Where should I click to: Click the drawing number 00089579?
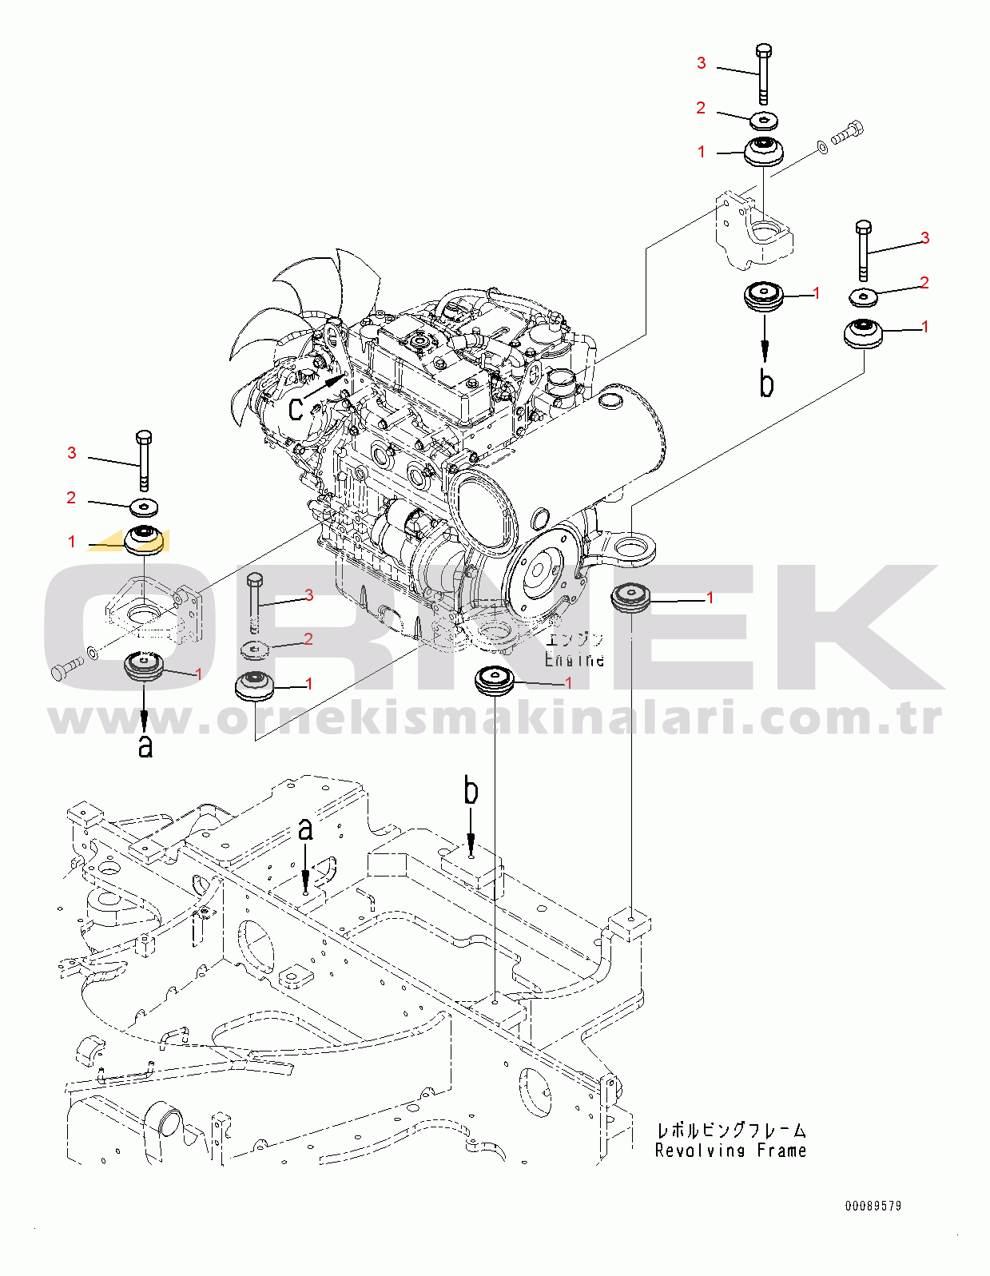click(873, 1206)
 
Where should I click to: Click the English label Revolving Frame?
click(730, 1151)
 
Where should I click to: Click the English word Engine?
click(574, 660)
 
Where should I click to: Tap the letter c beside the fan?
click(296, 407)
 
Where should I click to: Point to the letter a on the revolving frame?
click(305, 829)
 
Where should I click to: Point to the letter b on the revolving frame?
click(471, 791)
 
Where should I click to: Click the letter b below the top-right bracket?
click(766, 384)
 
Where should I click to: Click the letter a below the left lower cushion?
click(145, 745)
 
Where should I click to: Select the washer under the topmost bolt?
click(765, 120)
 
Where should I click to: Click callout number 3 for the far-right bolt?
click(924, 238)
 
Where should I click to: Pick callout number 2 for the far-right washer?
click(924, 283)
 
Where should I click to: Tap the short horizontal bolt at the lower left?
click(66, 668)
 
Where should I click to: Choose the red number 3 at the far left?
click(72, 454)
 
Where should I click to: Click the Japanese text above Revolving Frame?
click(730, 1130)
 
